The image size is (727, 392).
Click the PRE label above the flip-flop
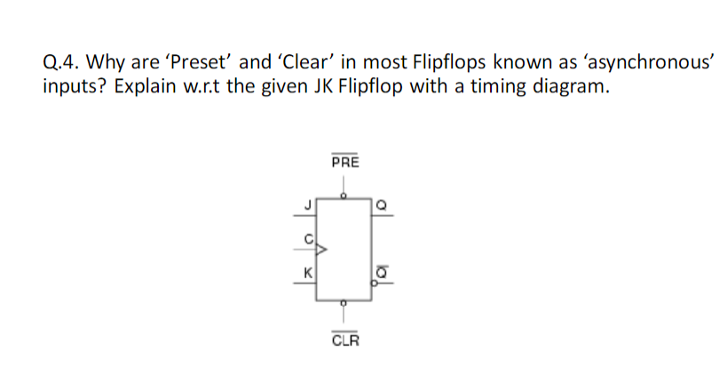344,164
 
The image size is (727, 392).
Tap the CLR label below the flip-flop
345,340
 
